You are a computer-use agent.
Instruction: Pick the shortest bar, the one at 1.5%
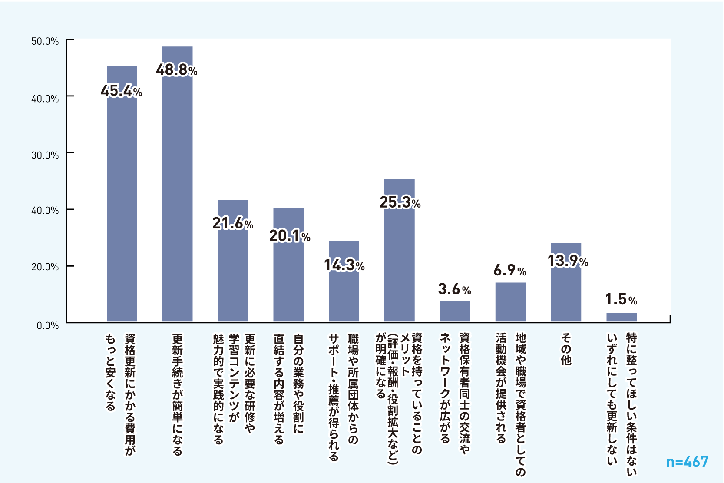pyautogui.click(x=622, y=317)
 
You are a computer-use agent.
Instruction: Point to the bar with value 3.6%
pyautogui.click(x=455, y=311)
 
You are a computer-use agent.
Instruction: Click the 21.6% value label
pyautogui.click(x=233, y=224)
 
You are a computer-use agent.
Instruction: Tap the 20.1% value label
pyautogui.click(x=290, y=236)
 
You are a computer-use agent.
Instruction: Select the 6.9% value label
pyautogui.click(x=510, y=271)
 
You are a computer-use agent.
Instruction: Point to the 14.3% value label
pyautogui.click(x=344, y=265)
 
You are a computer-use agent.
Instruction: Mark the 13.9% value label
pyautogui.click(x=568, y=261)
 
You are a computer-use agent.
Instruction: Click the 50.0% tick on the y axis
pyautogui.click(x=45, y=42)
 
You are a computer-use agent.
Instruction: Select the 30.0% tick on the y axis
pyautogui.click(x=45, y=155)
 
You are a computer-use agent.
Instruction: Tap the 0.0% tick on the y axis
pyautogui.click(x=47, y=326)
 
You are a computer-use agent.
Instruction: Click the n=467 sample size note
pyautogui.click(x=687, y=462)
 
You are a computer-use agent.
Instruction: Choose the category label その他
pyautogui.click(x=566, y=350)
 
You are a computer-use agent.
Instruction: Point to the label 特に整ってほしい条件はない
pyautogui.click(x=622, y=404)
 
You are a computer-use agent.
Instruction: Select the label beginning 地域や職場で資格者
pyautogui.click(x=510, y=404)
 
